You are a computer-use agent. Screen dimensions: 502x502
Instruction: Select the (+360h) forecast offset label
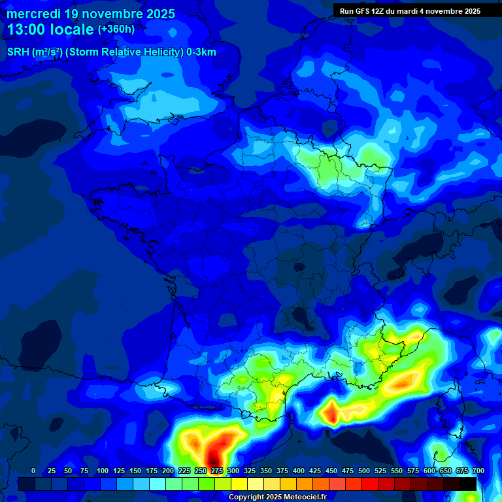pos(116,29)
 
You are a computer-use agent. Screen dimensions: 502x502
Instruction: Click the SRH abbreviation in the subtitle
pos(18,52)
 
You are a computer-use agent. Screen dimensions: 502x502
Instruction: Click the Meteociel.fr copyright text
pos(276,497)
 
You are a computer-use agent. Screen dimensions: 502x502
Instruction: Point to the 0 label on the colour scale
pos(33,471)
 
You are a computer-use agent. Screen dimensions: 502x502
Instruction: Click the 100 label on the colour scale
pos(102,471)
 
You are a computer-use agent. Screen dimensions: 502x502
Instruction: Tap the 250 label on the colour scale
pos(200,471)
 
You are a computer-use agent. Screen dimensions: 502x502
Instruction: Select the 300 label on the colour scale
pos(233,471)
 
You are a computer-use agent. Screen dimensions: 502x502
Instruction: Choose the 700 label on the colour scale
pos(478,471)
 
